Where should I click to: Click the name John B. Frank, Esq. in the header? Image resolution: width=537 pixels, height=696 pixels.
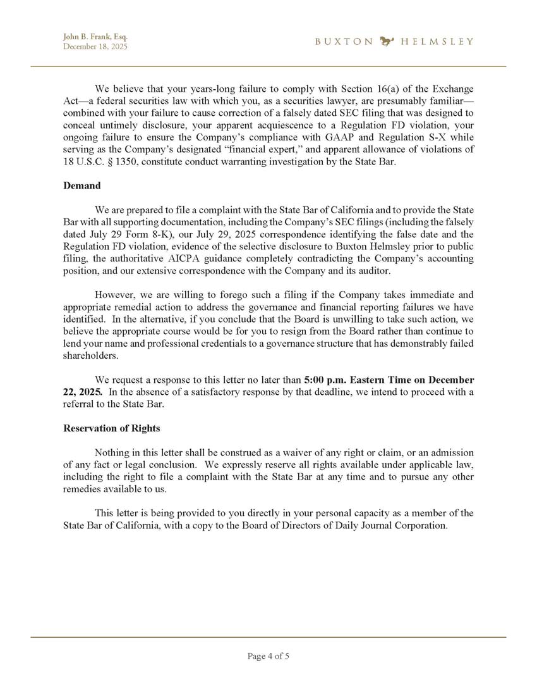90,37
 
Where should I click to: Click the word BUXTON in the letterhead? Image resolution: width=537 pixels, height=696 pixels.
344,42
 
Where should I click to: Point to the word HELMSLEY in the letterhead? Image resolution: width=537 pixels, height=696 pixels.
437,42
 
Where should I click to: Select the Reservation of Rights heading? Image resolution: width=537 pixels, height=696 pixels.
112,428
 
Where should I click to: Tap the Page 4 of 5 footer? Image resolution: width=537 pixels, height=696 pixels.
268,656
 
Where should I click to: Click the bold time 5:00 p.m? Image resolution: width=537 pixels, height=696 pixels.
324,380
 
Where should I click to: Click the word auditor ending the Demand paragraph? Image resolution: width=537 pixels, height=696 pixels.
378,270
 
